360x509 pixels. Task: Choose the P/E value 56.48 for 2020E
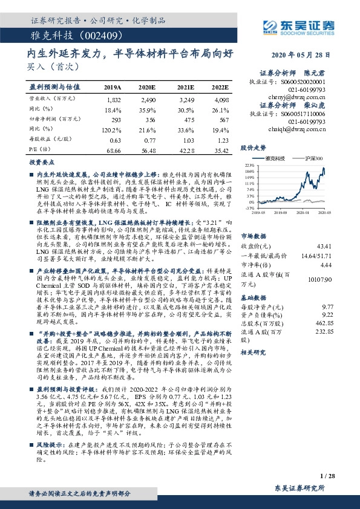(148, 150)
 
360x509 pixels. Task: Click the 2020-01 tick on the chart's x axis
(303, 213)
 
